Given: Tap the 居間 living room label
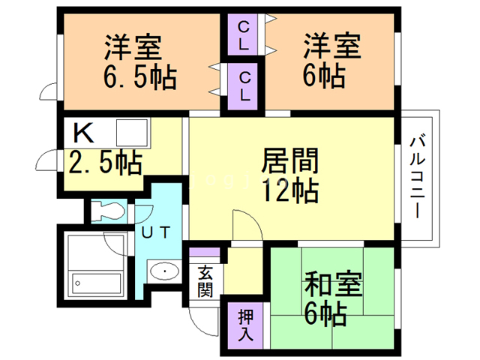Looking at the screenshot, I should point(289,162).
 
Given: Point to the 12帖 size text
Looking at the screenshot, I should point(289,191).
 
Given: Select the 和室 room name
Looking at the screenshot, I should point(332,286).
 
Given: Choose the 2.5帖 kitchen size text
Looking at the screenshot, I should point(105,162).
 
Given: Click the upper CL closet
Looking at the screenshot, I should point(244,36).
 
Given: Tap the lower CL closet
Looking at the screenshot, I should point(244,85).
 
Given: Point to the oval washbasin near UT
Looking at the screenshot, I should point(163,271).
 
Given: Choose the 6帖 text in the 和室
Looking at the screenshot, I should point(324,313).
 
